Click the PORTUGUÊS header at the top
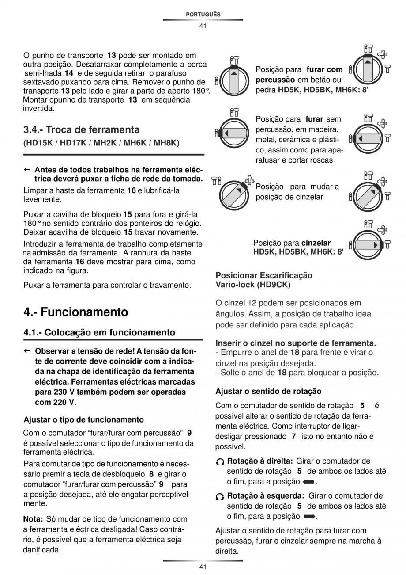point(203,15)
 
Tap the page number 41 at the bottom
point(203,567)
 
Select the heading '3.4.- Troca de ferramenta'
point(81,130)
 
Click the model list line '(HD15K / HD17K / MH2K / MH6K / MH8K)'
point(101,143)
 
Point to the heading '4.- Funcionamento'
point(75,312)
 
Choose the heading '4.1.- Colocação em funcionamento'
point(99,332)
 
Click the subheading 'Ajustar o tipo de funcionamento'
point(83,419)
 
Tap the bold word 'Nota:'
point(33,519)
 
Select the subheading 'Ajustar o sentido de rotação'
point(268,391)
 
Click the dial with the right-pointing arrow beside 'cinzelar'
point(367,244)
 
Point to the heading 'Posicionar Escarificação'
point(263,275)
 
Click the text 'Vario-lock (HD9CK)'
point(253,285)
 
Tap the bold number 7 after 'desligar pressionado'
point(293,437)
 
